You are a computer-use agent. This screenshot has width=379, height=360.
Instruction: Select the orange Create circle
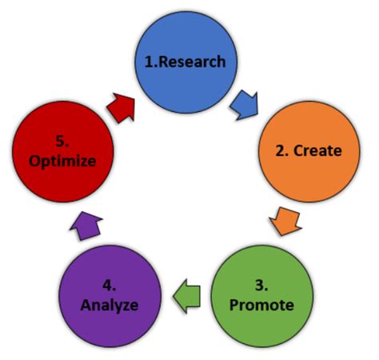[x=307, y=150]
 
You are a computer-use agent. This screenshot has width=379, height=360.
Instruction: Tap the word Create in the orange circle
[x=317, y=150]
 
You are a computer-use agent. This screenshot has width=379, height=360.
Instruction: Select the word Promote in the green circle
[x=261, y=305]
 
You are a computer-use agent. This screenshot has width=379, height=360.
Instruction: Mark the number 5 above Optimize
[x=62, y=140]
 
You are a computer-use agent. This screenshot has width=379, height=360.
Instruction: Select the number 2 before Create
[x=280, y=150]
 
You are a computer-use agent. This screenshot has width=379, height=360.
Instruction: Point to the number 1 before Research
[x=149, y=62]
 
